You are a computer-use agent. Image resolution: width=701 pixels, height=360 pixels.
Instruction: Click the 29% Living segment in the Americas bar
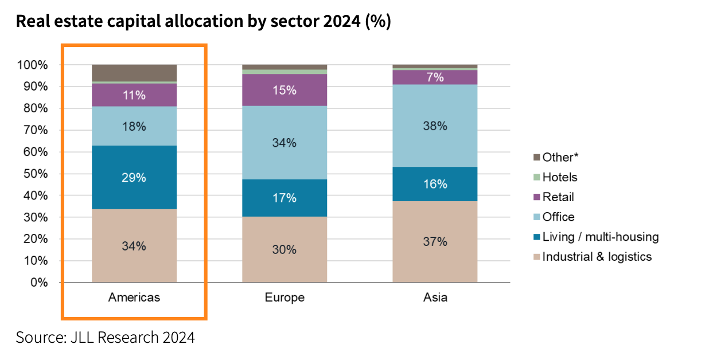134,177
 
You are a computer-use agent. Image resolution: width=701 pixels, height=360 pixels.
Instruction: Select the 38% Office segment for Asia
435,126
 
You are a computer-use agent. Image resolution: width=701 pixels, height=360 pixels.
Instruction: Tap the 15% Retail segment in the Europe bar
285,90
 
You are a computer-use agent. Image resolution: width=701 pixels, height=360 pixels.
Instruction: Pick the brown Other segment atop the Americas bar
134,73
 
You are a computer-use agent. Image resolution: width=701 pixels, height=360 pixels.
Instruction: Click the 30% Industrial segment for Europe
285,249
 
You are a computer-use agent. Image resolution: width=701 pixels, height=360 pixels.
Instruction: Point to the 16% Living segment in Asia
435,184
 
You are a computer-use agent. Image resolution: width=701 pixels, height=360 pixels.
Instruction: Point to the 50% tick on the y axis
36,174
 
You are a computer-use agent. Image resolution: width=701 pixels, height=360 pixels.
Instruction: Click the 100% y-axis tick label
33,65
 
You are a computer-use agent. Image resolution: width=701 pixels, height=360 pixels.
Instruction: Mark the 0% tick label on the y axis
38,283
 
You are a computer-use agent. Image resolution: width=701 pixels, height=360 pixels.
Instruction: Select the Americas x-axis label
134,298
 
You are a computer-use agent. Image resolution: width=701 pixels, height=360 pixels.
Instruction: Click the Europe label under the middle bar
285,298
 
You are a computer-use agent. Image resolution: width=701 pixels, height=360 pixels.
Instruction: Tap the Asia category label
435,298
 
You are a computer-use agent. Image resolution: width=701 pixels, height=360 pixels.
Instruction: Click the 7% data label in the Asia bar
435,77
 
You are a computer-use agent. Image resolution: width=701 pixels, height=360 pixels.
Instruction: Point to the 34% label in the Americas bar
134,246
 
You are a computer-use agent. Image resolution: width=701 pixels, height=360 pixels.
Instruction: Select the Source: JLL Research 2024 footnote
105,337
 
